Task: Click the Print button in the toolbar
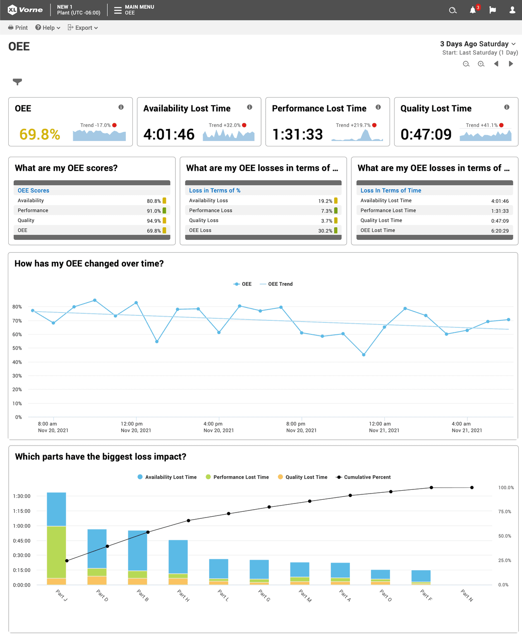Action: pos(18,28)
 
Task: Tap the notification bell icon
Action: pos(473,10)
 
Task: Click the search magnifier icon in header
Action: pos(453,10)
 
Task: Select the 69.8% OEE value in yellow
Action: pos(40,134)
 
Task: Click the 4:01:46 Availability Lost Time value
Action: pos(169,134)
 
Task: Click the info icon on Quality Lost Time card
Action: pos(506,107)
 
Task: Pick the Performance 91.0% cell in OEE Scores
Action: pos(153,211)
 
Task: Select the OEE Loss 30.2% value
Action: pos(325,231)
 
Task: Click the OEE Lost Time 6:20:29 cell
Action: pos(500,231)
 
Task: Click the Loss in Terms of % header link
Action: pos(215,191)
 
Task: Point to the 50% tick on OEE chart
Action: pos(17,348)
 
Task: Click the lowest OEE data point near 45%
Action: pos(364,355)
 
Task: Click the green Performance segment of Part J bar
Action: pos(56,552)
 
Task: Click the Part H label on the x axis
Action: pos(183,595)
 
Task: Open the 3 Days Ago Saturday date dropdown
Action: pos(478,44)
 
